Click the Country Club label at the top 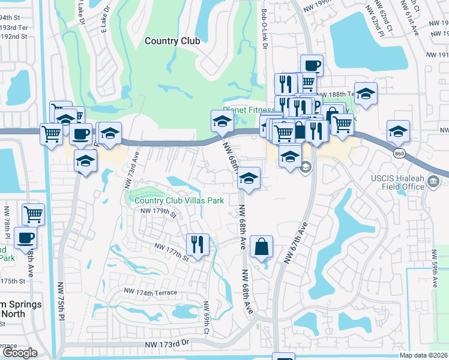point(172,41)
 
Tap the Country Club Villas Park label point(179,200)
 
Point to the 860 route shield point(399,154)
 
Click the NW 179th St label point(158,212)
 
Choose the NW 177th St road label point(172,251)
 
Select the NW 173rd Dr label point(167,344)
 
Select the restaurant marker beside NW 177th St point(197,244)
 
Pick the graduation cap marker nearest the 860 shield point(398,131)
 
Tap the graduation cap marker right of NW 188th point(366,93)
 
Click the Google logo point(20,353)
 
